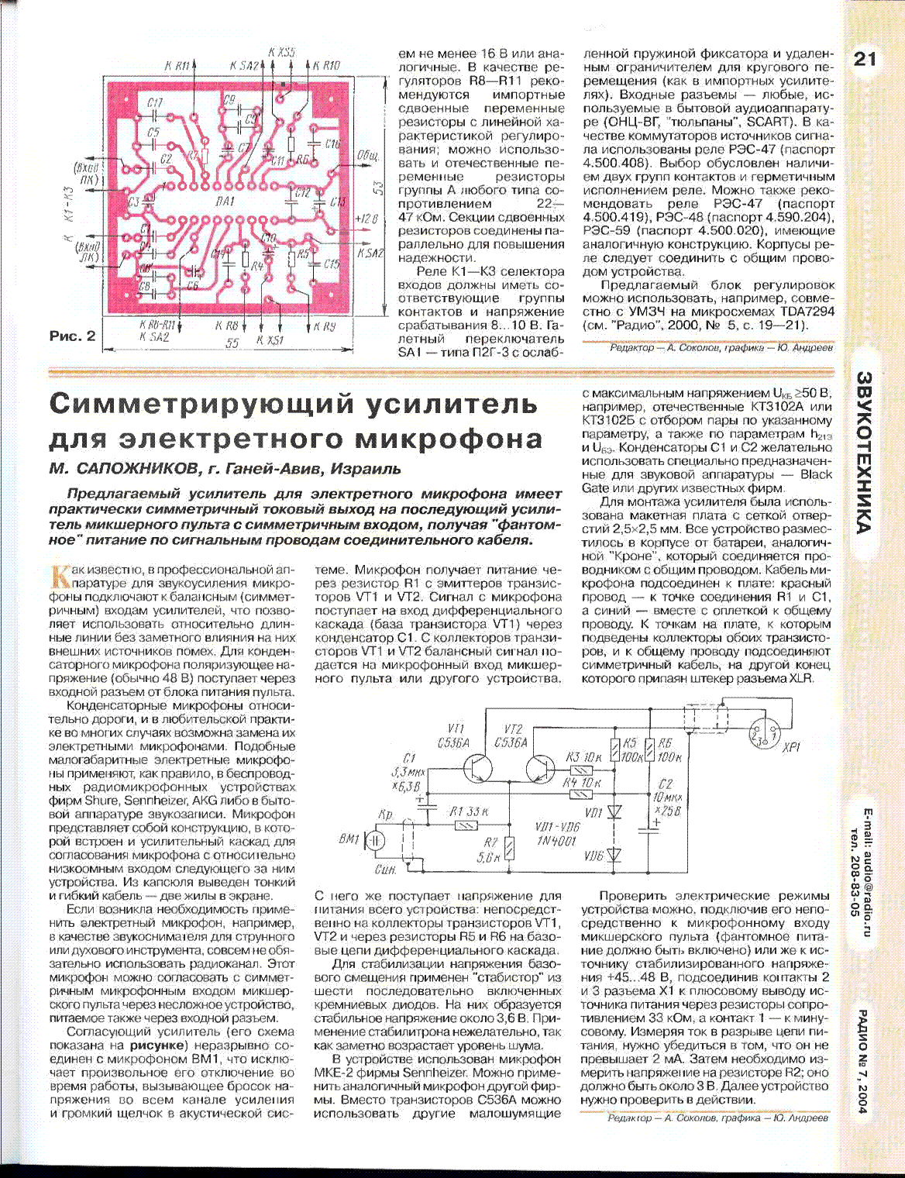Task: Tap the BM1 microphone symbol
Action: (x=374, y=840)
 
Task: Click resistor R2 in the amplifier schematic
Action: (x=508, y=848)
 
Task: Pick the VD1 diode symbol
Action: (x=615, y=812)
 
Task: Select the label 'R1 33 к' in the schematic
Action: (x=469, y=811)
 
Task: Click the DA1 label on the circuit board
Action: (x=225, y=201)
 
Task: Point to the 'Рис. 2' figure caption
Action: (x=73, y=336)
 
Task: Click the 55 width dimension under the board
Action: (x=232, y=343)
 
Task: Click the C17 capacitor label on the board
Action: (x=154, y=103)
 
